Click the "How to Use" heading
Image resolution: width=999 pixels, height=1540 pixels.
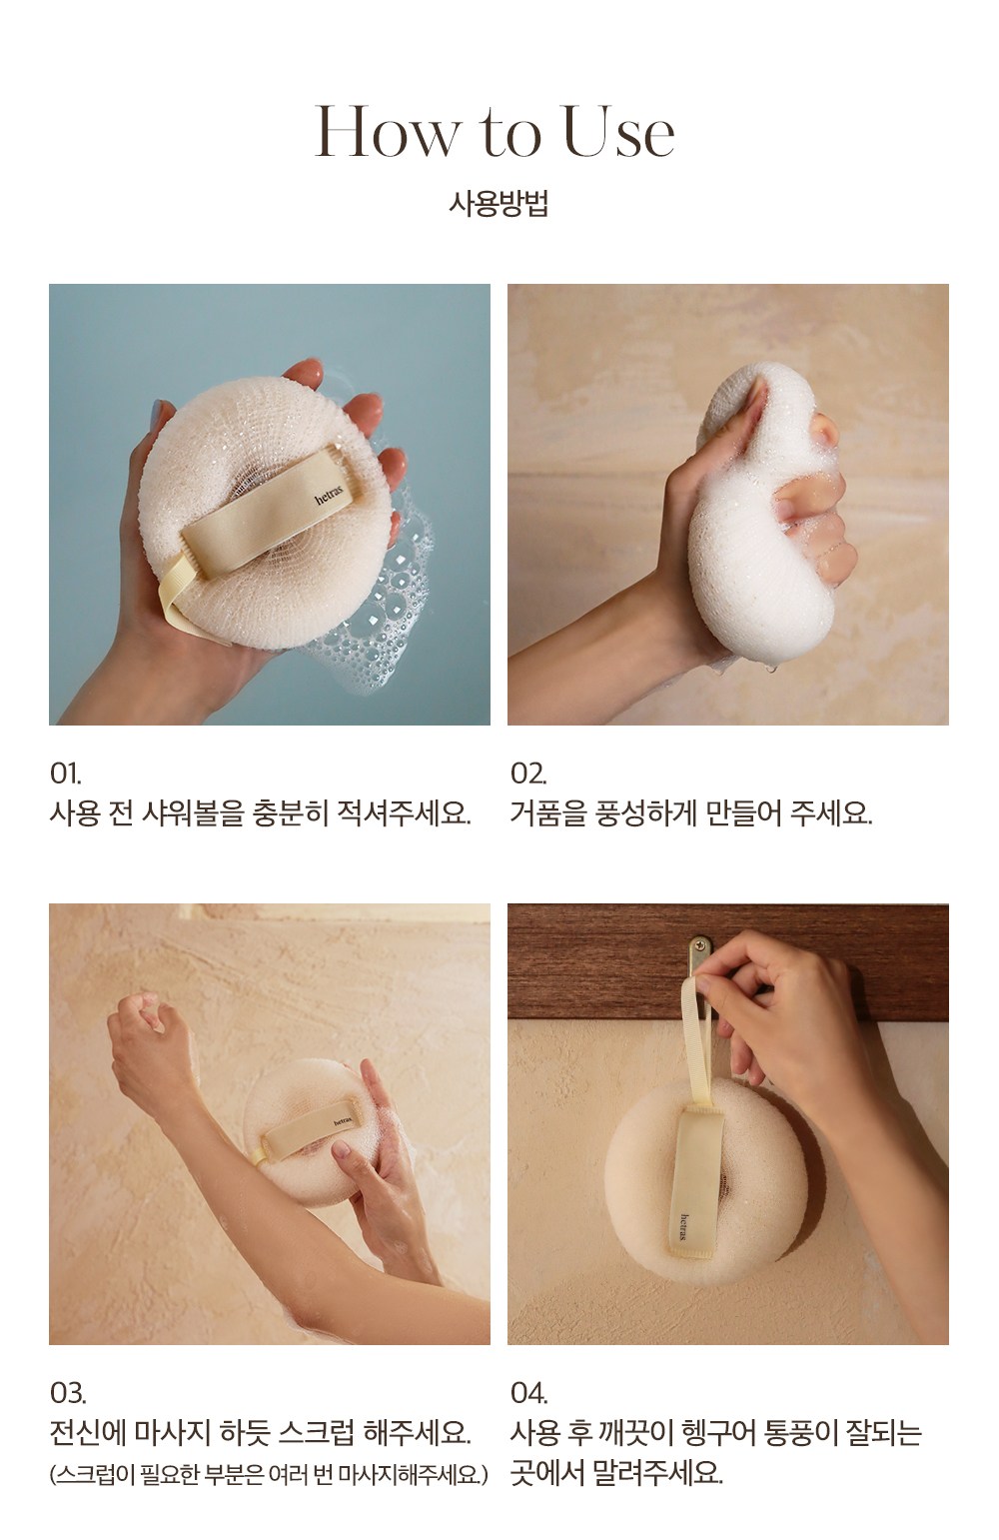click(x=495, y=131)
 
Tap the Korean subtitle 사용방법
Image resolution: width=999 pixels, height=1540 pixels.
click(x=499, y=204)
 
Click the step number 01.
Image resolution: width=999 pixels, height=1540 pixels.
click(x=66, y=774)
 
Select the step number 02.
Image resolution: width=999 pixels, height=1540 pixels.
click(x=528, y=774)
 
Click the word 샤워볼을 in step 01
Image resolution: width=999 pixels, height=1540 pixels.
click(x=194, y=814)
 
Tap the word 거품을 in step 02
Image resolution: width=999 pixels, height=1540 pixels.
click(x=549, y=814)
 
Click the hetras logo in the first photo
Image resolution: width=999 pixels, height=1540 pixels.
click(x=329, y=495)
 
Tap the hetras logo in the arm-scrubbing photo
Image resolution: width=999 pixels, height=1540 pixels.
click(x=343, y=1121)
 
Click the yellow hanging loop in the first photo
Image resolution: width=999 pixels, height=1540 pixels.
click(x=175, y=589)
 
